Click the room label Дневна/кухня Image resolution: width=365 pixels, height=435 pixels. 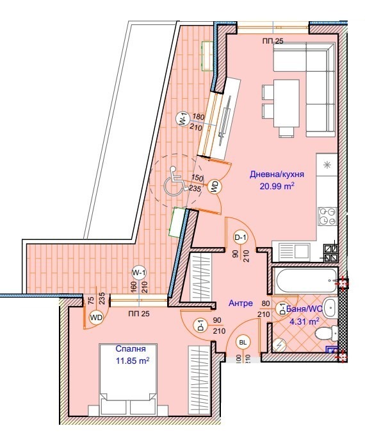(x=276, y=174)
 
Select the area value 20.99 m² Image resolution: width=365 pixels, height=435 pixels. (x=276, y=186)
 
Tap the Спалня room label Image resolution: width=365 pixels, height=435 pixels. (x=129, y=349)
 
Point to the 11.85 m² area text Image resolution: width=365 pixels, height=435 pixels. (x=132, y=361)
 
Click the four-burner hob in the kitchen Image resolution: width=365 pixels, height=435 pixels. (x=328, y=214)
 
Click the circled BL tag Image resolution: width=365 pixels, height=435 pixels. (x=243, y=343)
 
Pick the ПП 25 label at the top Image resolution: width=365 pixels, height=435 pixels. (x=273, y=41)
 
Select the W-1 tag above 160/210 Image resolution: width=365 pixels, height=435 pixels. (x=139, y=272)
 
